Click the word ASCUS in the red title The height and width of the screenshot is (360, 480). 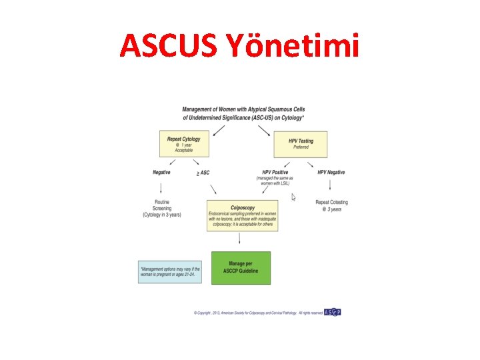tap(173, 45)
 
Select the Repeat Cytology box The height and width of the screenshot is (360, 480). tap(183, 144)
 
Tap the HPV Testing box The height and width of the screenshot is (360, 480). tap(301, 144)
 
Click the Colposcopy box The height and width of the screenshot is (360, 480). tap(241, 216)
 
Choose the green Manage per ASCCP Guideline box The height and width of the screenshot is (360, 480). tap(241, 268)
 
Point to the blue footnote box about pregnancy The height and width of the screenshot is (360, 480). tap(170, 271)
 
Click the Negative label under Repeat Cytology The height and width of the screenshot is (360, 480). tap(161, 173)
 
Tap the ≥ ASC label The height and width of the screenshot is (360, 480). tap(203, 173)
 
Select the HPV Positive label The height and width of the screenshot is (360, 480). tap(275, 173)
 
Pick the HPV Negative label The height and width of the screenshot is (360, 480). tap(331, 173)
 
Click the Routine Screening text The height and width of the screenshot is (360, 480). tap(162, 208)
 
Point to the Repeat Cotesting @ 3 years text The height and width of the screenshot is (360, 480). tap(331, 205)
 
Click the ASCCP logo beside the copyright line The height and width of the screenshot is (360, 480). tap(332, 312)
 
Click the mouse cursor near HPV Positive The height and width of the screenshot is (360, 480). tap(294, 197)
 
